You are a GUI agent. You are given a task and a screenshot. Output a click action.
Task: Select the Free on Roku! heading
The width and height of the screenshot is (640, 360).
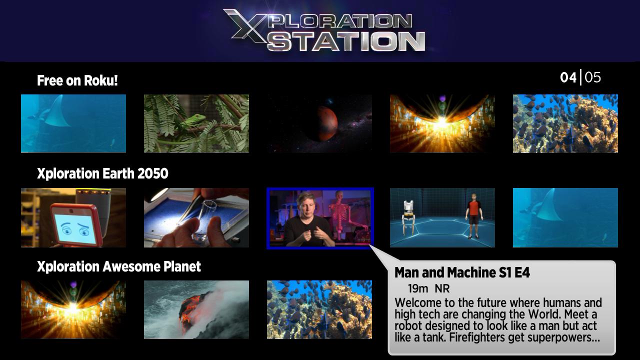(77, 80)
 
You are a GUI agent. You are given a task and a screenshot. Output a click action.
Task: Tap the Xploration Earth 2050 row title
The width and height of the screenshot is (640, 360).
(102, 173)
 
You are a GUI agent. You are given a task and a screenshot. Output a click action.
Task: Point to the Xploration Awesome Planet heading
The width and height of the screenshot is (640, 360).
(119, 266)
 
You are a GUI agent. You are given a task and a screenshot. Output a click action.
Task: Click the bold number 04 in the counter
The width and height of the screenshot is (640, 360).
(568, 77)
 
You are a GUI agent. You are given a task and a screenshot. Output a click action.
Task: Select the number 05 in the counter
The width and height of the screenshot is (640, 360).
(593, 77)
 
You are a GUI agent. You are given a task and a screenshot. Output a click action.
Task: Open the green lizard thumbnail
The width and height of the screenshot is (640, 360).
(196, 123)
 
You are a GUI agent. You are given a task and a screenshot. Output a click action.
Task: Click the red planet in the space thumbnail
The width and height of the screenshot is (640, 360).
(327, 123)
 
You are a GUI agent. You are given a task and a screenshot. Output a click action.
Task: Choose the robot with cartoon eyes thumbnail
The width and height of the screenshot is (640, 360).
(73, 217)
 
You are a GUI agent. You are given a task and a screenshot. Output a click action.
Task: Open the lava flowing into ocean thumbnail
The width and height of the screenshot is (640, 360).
(196, 309)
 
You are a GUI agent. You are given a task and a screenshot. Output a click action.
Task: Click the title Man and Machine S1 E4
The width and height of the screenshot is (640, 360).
(462, 272)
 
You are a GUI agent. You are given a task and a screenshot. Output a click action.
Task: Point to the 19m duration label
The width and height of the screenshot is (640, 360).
(418, 288)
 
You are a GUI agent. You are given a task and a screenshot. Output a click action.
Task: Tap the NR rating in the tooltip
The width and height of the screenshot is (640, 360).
(442, 288)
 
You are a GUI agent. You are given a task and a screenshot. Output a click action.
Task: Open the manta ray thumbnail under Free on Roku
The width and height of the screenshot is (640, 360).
(73, 123)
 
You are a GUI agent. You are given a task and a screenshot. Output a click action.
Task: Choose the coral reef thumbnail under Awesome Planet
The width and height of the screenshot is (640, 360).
(319, 309)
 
